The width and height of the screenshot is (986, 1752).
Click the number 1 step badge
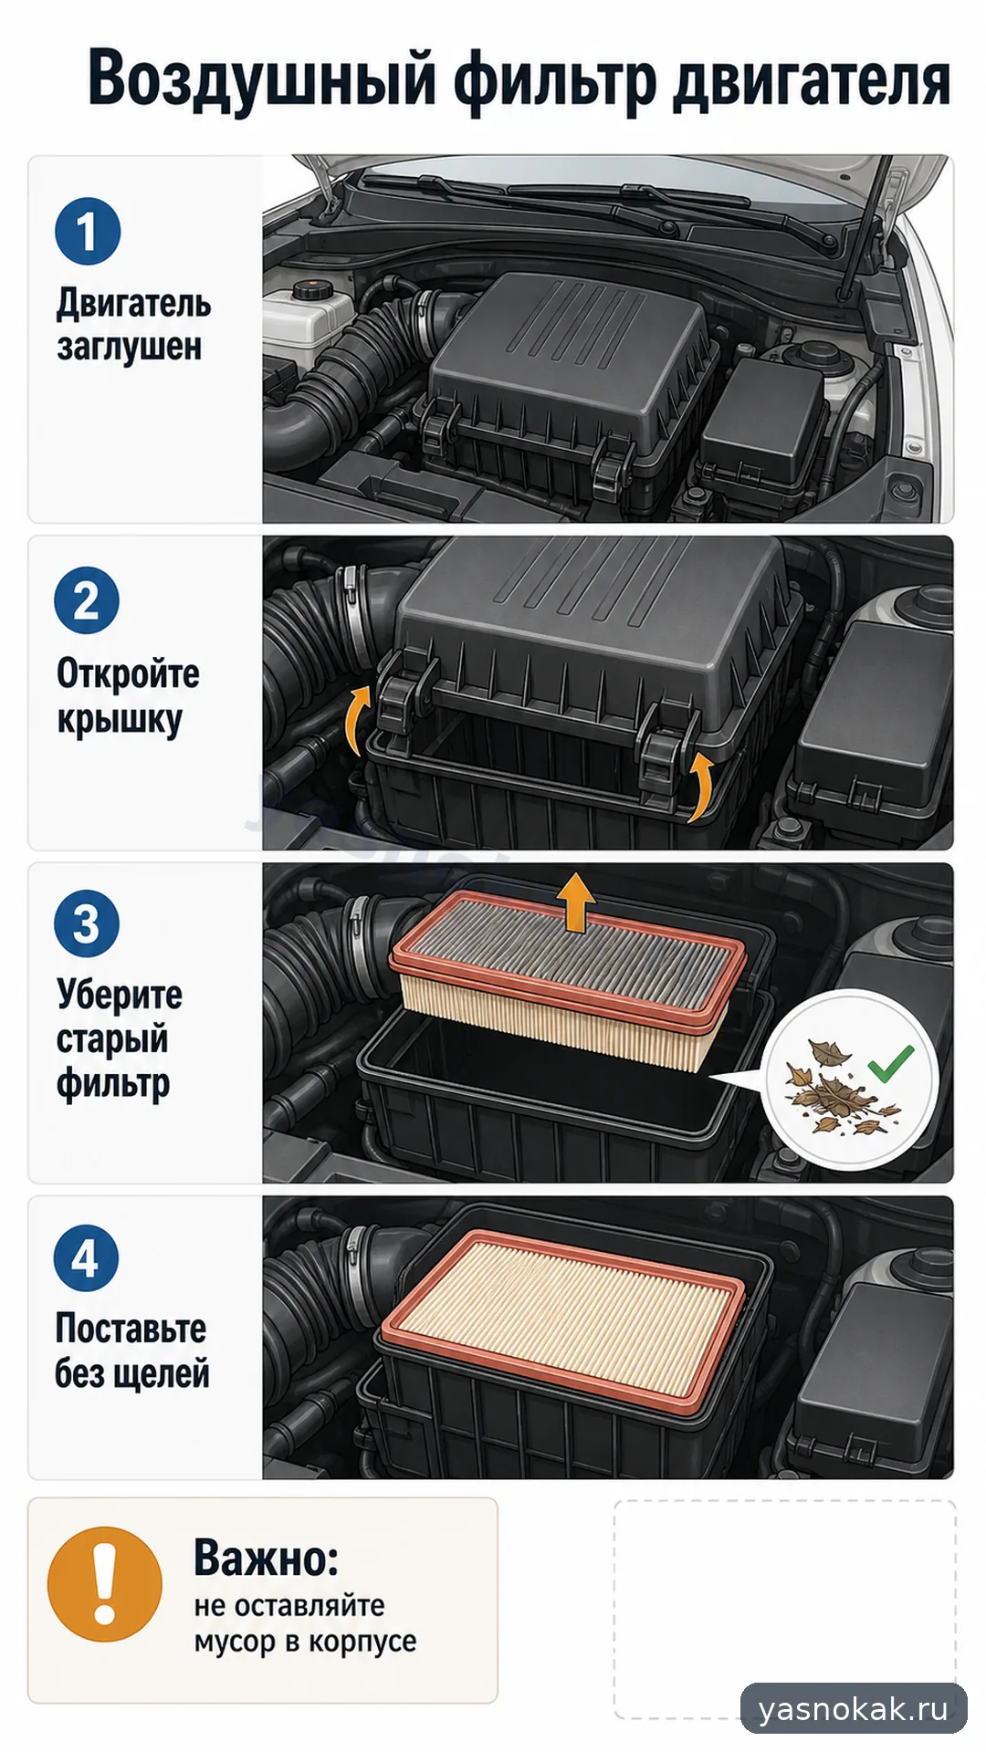pos(88,232)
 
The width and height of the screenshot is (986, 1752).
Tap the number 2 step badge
pos(87,600)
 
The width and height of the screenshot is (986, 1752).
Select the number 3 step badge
pos(87,923)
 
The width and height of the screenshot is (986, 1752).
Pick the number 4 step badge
pos(86,1258)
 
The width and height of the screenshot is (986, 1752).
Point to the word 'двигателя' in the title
pos(813,79)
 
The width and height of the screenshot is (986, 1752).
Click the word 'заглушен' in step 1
pos(130,348)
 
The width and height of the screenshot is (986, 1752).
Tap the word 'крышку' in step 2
pos(120,719)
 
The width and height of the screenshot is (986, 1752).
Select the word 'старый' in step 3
pos(112,1039)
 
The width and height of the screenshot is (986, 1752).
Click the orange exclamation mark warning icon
pos(105,1584)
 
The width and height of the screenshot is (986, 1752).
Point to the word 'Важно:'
pos(267,1559)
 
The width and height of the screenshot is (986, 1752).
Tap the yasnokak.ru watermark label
pos(854,1708)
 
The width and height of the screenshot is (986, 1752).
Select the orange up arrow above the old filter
pos(576,902)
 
